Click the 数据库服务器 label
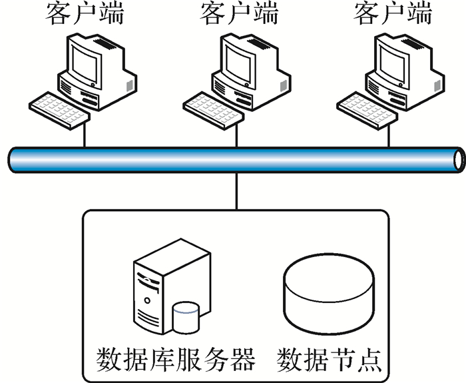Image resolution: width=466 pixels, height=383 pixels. point(176,360)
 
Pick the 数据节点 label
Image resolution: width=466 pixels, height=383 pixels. point(330,360)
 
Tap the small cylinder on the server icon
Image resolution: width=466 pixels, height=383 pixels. point(185,316)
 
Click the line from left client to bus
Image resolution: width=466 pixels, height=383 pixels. point(85,136)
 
